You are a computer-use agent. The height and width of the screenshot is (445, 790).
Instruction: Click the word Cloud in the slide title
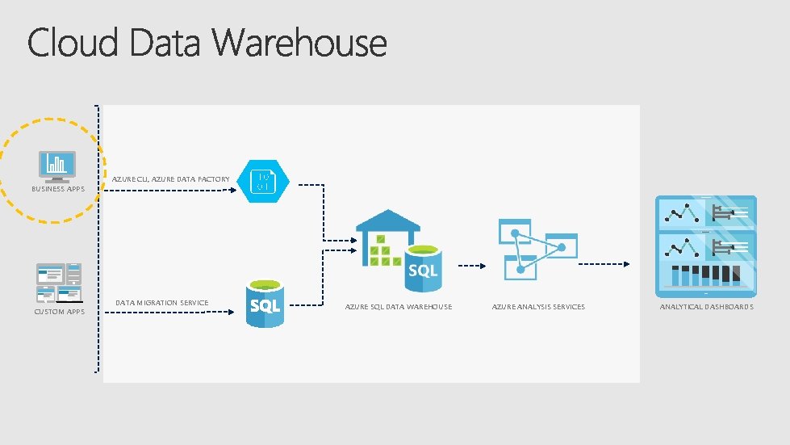(74, 43)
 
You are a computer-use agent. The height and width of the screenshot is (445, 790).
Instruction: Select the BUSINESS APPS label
(58, 189)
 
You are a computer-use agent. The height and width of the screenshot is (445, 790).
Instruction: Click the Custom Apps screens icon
(58, 282)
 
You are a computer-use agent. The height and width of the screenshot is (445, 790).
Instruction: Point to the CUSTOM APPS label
(59, 312)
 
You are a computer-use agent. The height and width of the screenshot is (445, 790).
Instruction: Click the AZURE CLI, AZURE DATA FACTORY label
(170, 178)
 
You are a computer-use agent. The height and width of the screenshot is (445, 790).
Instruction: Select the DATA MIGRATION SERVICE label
(161, 303)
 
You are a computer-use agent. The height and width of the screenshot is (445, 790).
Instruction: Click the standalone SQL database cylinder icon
(265, 304)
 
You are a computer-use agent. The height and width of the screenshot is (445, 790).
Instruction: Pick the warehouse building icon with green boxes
(387, 240)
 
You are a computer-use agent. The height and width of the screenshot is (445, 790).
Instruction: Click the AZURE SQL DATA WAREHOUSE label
(398, 307)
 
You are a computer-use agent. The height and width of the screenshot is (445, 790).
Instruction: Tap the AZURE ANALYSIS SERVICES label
(538, 307)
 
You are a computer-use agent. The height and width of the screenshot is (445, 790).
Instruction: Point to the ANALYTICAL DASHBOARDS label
(706, 307)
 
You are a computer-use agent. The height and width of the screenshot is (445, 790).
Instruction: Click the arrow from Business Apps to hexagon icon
(170, 191)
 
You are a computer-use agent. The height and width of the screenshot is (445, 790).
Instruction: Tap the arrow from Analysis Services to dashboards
(604, 264)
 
